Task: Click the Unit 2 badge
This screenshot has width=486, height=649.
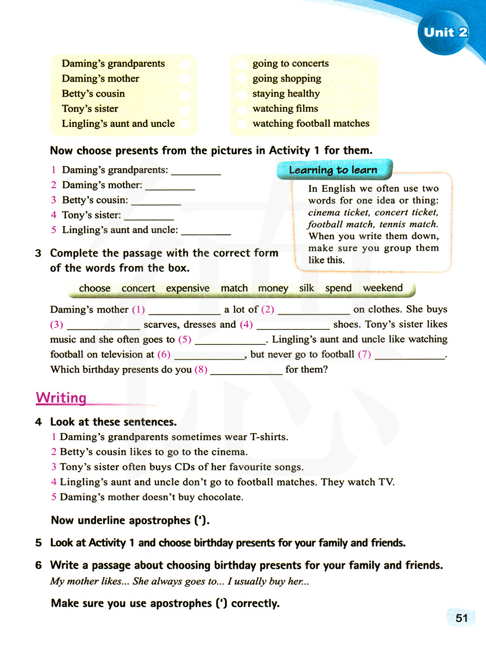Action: click(445, 33)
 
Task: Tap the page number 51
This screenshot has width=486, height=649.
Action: click(461, 618)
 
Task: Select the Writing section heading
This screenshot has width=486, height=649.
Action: click(61, 397)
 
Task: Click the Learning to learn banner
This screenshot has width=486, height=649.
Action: click(333, 170)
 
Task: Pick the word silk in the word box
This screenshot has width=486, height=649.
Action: click(306, 288)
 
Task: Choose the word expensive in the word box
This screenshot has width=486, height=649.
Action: click(188, 288)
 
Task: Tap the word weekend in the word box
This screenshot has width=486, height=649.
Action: click(383, 288)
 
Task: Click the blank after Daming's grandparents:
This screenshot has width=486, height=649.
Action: click(196, 171)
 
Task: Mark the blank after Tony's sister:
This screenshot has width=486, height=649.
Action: click(148, 217)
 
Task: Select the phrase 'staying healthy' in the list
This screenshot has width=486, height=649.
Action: click(286, 93)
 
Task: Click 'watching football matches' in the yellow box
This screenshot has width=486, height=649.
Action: click(311, 123)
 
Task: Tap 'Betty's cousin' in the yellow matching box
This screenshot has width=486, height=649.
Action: click(93, 93)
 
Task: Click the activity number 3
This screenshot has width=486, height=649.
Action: click(38, 253)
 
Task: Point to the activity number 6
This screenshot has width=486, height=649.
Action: click(38, 565)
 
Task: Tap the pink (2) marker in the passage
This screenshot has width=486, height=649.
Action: click(267, 309)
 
